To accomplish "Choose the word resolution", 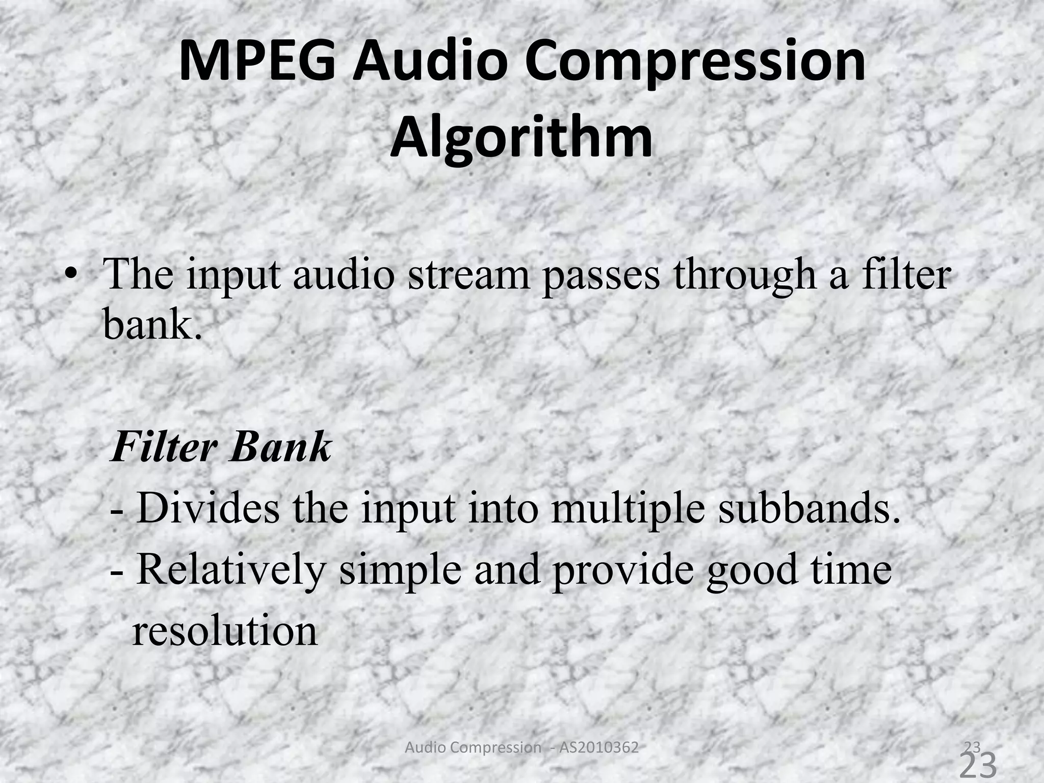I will [225, 631].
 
